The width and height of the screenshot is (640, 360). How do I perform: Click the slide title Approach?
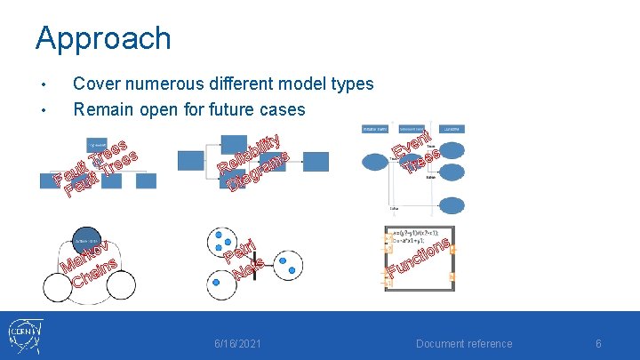click(103, 38)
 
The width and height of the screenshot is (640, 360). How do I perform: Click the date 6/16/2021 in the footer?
click(238, 344)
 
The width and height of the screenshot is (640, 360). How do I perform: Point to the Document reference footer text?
click(464, 344)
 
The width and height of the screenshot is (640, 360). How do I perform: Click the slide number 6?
click(598, 344)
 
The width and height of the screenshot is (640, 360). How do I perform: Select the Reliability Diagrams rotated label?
click(254, 164)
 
